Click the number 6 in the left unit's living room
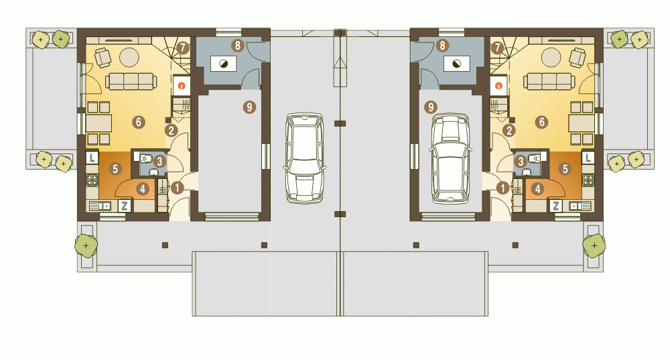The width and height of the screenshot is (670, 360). (138, 122)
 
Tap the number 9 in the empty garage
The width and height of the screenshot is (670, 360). (249, 107)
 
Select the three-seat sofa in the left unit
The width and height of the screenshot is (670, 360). (131, 81)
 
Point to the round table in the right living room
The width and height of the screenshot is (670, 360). (551, 56)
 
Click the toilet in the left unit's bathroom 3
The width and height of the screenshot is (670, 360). (145, 159)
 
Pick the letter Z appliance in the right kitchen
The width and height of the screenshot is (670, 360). (555, 206)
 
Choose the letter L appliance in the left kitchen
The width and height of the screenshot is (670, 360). (92, 158)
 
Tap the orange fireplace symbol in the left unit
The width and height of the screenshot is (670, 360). (182, 86)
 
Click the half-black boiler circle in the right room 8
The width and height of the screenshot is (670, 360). (457, 64)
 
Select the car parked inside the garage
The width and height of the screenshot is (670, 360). (450, 158)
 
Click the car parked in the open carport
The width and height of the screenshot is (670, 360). (305, 158)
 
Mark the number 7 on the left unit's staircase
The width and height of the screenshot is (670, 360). (182, 48)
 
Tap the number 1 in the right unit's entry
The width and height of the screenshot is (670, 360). (503, 188)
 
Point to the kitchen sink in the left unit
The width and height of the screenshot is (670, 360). (100, 206)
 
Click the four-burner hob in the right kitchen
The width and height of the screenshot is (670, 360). (588, 180)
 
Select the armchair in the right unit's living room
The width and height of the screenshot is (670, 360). (578, 58)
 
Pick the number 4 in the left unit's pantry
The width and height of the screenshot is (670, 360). (143, 188)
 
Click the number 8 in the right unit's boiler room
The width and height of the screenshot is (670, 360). (442, 46)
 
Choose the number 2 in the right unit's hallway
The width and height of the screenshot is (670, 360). (509, 131)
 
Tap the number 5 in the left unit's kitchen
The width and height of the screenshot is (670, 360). (115, 169)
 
